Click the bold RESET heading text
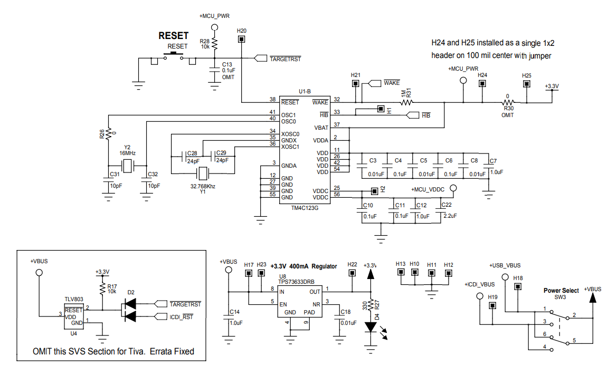(174, 36)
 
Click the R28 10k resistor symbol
(214, 46)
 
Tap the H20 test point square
(241, 39)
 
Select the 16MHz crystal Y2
(127, 167)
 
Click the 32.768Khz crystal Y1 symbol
(203, 174)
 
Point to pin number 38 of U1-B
(272, 100)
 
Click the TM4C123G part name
(305, 208)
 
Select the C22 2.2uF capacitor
(440, 213)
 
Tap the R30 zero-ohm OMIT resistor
(507, 102)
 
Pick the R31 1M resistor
(406, 102)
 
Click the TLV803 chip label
(73, 299)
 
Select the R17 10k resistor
(102, 288)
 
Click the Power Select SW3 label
(560, 290)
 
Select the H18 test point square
(518, 286)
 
